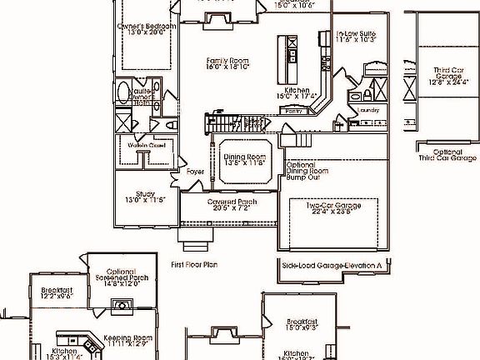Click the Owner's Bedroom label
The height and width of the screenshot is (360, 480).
(x=147, y=27)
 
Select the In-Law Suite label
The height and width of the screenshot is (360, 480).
(x=357, y=34)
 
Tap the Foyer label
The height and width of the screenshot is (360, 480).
(x=196, y=172)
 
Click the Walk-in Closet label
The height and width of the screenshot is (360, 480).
(x=147, y=146)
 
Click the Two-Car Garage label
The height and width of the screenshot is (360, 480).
(x=332, y=206)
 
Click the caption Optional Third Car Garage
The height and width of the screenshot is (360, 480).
(x=447, y=155)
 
